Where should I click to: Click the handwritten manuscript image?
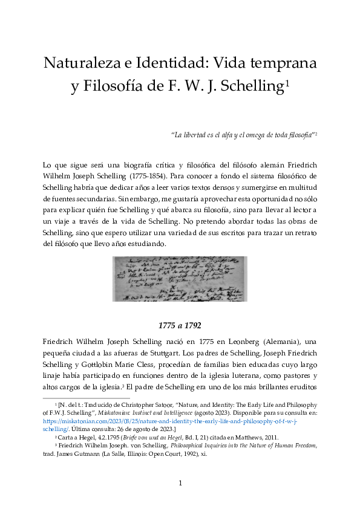point(180,279)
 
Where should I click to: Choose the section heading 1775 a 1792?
point(180,325)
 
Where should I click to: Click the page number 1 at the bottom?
point(180,482)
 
